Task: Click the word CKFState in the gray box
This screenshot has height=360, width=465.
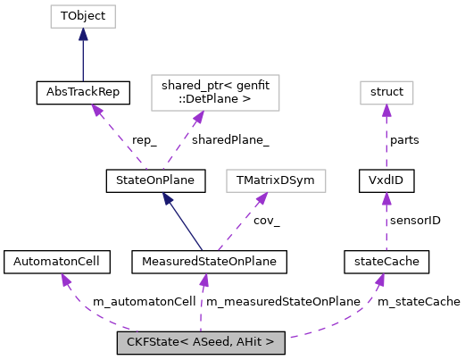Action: click(152, 343)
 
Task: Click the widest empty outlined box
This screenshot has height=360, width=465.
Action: click(215, 93)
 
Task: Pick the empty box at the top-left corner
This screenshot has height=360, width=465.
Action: click(83, 16)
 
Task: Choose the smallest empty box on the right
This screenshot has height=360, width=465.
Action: click(386, 93)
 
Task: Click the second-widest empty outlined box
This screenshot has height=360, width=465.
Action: click(276, 180)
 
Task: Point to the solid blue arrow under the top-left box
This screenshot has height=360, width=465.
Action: click(83, 57)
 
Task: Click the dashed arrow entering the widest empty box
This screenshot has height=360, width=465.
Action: click(183, 140)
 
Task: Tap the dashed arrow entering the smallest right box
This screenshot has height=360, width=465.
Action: click(386, 138)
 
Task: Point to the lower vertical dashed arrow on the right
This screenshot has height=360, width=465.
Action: click(386, 223)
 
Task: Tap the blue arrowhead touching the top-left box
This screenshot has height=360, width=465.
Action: click(83, 34)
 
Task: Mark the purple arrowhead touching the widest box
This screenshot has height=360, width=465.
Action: click(199, 117)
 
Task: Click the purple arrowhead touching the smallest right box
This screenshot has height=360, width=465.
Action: click(386, 111)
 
